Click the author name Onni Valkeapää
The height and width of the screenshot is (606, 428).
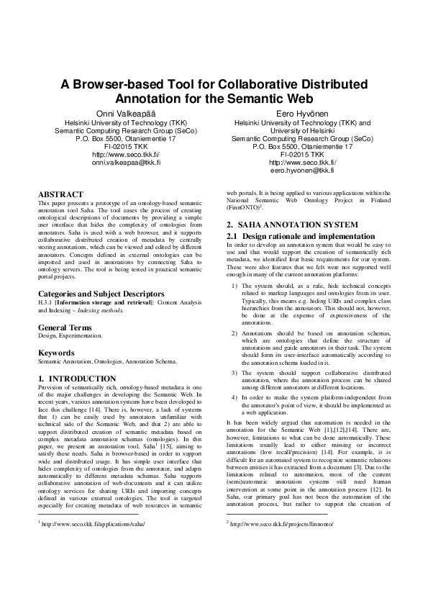[x=116, y=114]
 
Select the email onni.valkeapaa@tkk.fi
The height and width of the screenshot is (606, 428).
[x=116, y=163]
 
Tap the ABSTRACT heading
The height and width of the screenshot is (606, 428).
[x=58, y=194]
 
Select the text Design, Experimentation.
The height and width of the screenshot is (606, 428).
[x=70, y=336]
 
